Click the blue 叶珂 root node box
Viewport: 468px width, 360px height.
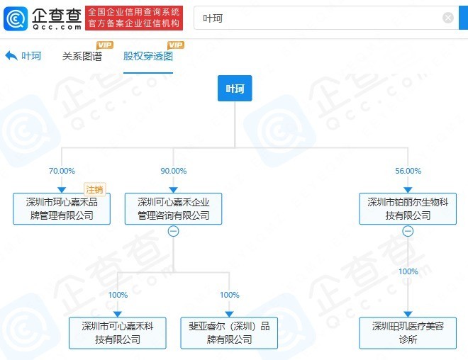click(x=235, y=89)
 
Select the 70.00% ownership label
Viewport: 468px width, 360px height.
click(x=62, y=171)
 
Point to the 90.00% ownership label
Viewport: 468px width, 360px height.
click(x=174, y=171)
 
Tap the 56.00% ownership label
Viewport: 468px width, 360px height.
click(x=408, y=171)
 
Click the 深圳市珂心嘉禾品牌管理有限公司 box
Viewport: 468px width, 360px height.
click(x=62, y=209)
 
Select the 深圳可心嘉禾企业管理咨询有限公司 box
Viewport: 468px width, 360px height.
click(x=174, y=209)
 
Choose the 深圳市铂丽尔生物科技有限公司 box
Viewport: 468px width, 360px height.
click(x=408, y=209)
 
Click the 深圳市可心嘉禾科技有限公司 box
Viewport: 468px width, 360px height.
click(x=117, y=333)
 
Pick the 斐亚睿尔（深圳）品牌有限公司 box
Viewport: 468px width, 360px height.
click(x=229, y=333)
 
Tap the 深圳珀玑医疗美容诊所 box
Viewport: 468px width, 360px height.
click(x=408, y=333)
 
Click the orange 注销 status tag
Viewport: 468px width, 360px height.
click(x=94, y=189)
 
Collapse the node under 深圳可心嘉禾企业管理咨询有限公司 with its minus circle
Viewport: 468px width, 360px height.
click(x=174, y=231)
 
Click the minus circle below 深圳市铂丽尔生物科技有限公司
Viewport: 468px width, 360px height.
click(x=408, y=231)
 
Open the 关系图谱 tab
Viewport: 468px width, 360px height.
click(x=82, y=56)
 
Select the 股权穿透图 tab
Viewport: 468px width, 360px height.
click(x=148, y=56)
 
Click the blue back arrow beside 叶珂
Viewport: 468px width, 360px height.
click(x=11, y=56)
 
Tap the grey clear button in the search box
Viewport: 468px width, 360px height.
click(x=447, y=18)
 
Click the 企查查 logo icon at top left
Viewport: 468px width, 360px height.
click(x=16, y=19)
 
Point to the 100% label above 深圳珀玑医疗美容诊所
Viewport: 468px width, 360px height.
click(x=408, y=271)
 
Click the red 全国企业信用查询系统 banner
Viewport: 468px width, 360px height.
click(x=134, y=18)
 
